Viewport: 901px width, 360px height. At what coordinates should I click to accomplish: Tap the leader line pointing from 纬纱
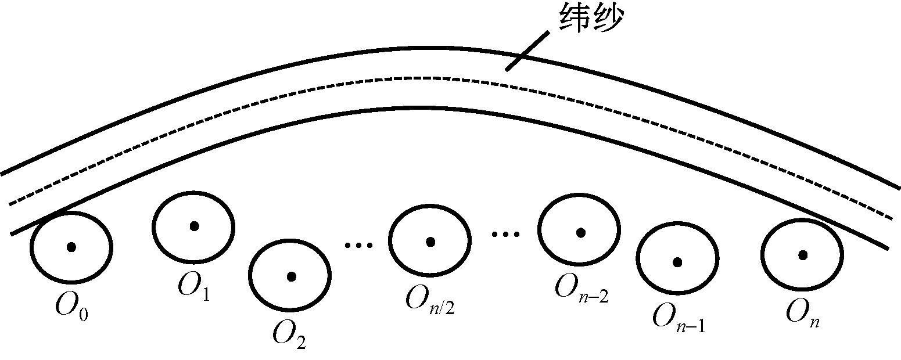pos(527,51)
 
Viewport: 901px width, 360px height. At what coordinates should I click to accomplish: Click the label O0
pos(72,307)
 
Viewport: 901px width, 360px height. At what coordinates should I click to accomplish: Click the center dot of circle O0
pos(71,247)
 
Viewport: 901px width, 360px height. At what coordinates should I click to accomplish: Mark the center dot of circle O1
pos(194,226)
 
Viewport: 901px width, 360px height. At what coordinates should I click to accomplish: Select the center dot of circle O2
pos(291,276)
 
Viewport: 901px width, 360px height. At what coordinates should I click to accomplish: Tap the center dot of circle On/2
pos(430,241)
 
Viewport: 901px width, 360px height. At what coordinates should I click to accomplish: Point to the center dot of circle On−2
pos(580,232)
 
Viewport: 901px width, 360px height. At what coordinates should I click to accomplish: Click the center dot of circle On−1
pos(677,262)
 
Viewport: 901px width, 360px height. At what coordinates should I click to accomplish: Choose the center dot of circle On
pos(803,254)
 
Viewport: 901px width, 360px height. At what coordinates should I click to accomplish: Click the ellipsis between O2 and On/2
pos(358,246)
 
